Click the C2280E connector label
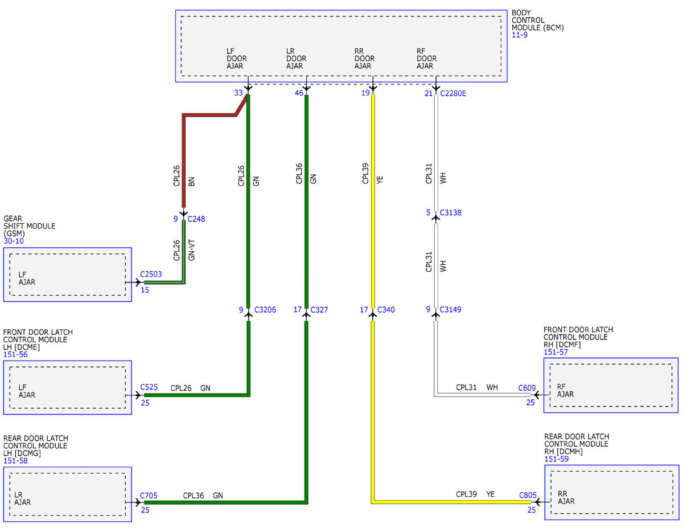452,93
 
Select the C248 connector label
196,219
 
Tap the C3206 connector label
265,310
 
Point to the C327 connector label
319,310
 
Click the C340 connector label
386,310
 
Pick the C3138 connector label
450,212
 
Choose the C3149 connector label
450,309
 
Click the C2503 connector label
151,274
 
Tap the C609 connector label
527,388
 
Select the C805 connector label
528,496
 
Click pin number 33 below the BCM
238,93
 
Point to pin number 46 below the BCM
299,93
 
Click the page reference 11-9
520,35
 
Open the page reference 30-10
14,241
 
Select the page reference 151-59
556,459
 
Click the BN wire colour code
191,182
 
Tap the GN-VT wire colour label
191,250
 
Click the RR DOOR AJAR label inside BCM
364,59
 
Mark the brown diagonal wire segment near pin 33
241,105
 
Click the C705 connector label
149,496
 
